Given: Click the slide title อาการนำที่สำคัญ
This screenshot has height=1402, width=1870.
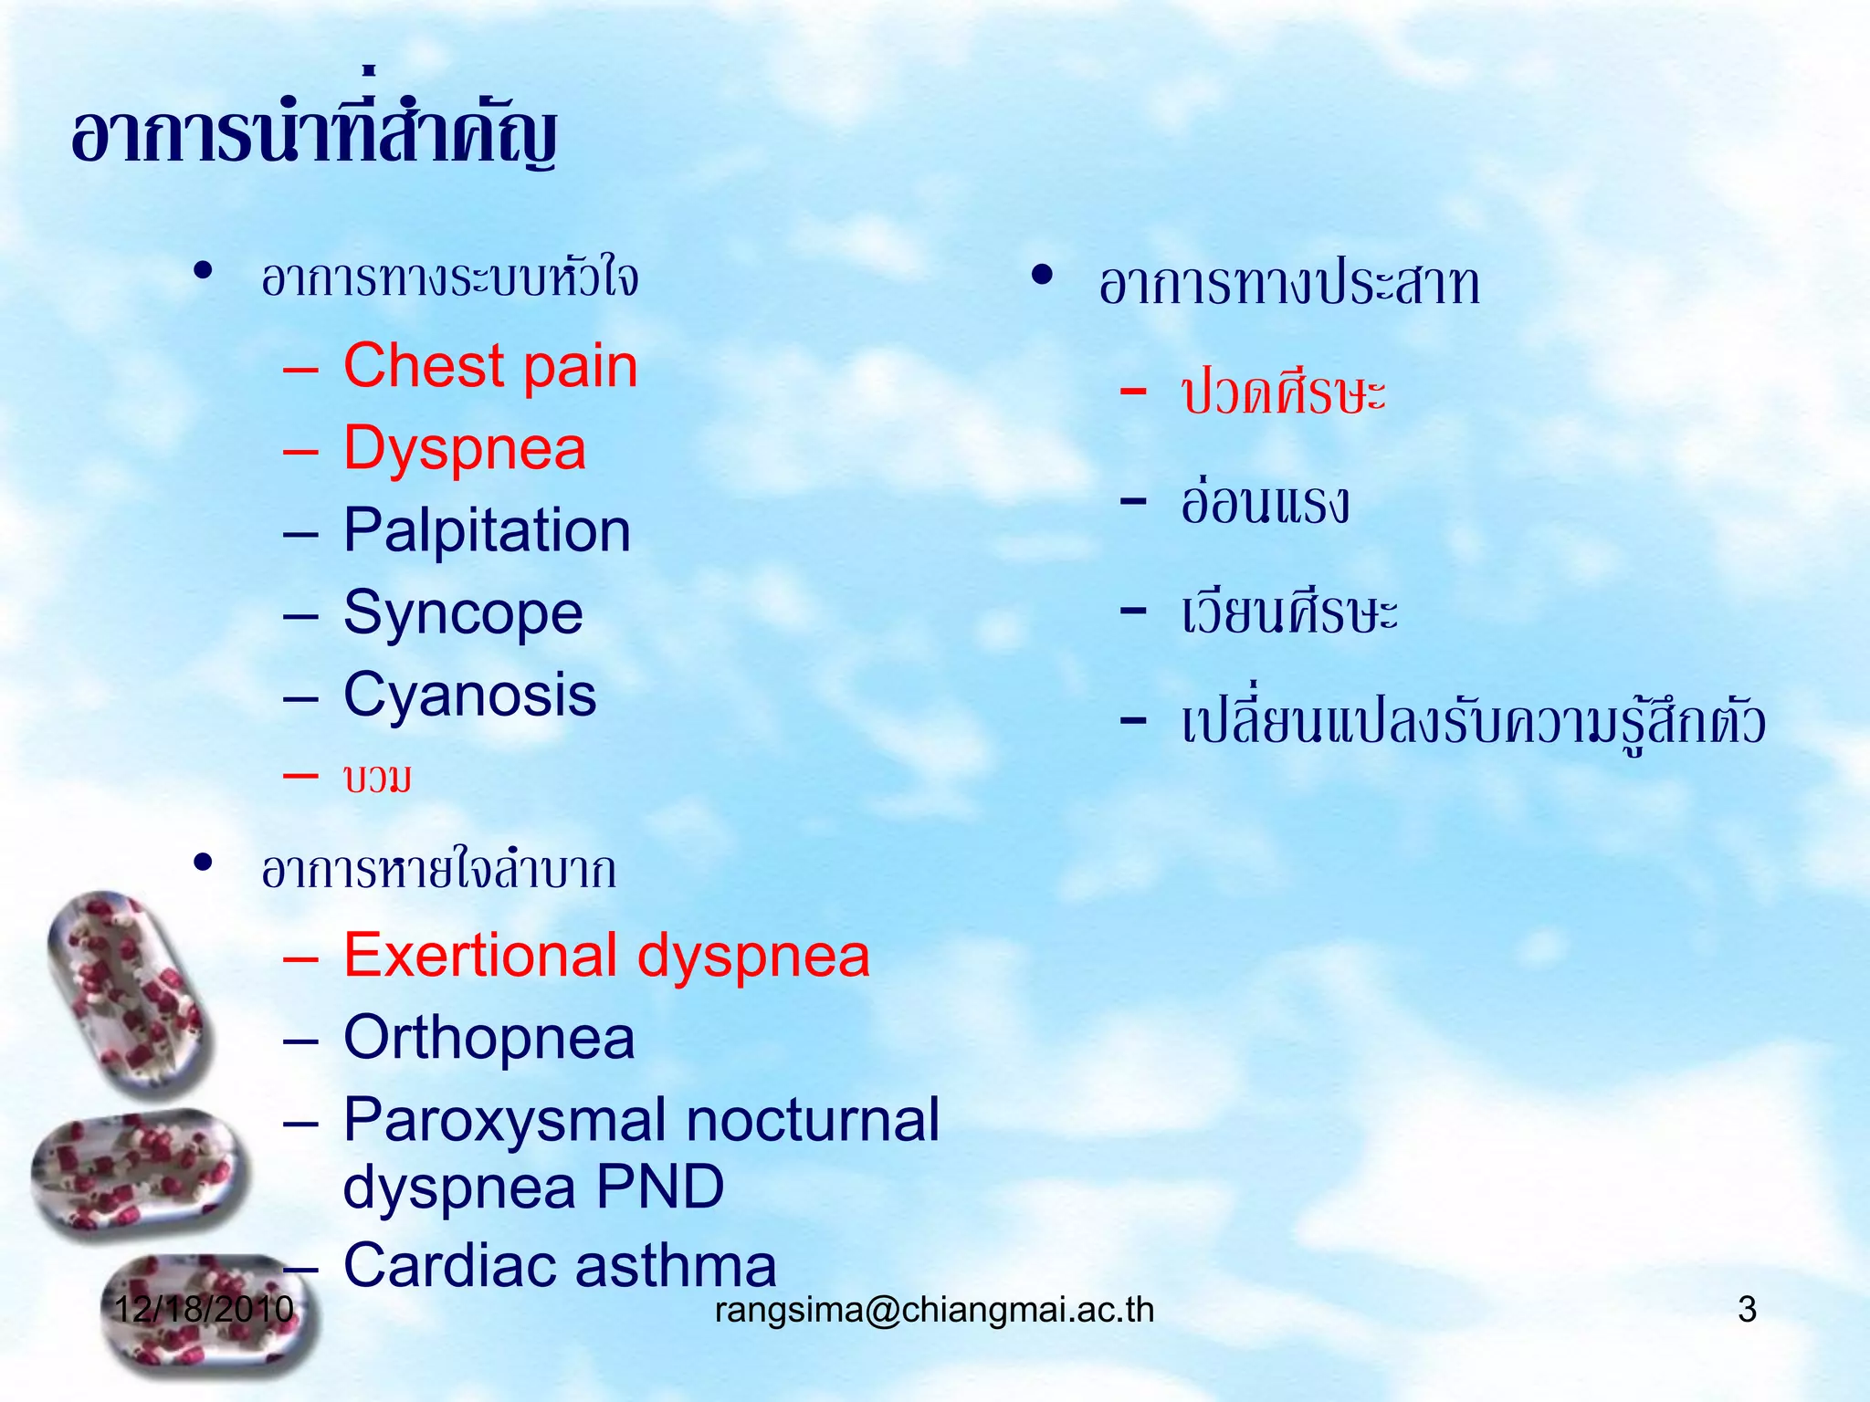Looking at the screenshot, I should tap(315, 135).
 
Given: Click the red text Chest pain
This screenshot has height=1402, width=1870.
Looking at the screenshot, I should tap(490, 367).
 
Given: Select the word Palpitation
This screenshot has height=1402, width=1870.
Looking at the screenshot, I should tap(487, 531).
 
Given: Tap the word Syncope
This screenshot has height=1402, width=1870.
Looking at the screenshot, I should tap(463, 613).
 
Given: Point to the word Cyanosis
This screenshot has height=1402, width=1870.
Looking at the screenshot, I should tap(469, 696).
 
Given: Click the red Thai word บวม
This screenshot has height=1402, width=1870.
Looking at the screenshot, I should tap(377, 779).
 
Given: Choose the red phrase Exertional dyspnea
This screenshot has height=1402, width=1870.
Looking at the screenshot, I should tap(606, 957).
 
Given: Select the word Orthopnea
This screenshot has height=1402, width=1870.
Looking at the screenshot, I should tap(489, 1039).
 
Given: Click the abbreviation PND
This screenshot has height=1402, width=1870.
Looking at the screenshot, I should tap(660, 1188).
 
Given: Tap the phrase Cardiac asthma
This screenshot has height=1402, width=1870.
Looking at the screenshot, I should tap(560, 1267).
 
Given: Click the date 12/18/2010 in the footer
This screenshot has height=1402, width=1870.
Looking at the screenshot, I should tap(204, 1310).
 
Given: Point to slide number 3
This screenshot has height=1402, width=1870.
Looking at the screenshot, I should tap(1747, 1310).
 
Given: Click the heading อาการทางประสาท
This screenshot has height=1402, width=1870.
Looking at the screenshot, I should tap(1288, 284).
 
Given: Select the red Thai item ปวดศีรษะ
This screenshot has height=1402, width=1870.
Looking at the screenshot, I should tap(1283, 394).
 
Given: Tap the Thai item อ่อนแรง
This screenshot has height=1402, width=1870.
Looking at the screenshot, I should tap(1265, 503).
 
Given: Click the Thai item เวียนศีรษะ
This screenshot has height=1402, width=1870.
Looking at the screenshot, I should tap(1288, 612).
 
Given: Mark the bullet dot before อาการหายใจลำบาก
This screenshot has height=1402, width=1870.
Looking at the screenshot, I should tap(203, 863).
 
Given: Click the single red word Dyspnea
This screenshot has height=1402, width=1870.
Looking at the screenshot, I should tap(464, 449).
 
